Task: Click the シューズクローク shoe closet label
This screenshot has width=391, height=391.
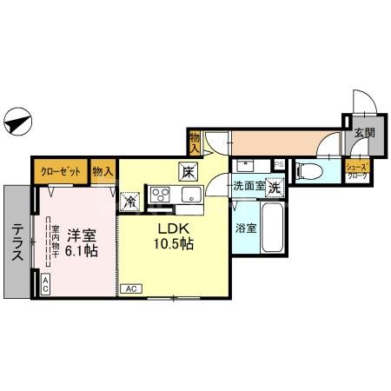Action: [357, 170]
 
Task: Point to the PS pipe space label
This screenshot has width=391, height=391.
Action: [279, 163]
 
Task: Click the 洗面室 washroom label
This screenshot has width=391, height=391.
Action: [247, 185]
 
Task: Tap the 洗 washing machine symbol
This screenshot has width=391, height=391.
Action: [274, 187]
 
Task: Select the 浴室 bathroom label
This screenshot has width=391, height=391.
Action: [246, 229]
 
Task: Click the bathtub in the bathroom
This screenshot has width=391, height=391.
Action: [272, 227]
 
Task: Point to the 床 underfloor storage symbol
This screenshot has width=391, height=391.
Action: [188, 170]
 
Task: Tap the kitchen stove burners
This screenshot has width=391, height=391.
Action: [161, 192]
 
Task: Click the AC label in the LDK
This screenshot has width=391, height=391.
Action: [132, 288]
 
